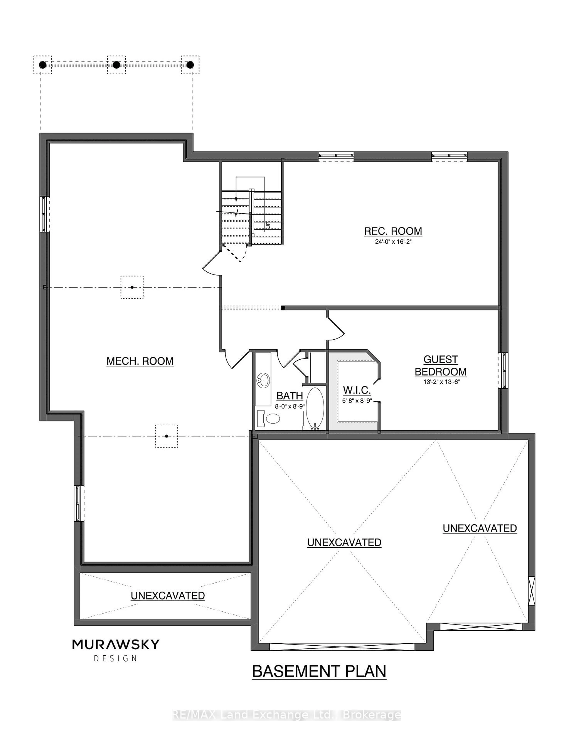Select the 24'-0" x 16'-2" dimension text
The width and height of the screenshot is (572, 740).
pyautogui.click(x=393, y=242)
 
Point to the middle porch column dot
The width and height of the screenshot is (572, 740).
pyautogui.click(x=116, y=65)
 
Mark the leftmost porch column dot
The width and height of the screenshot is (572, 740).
pyautogui.click(x=43, y=65)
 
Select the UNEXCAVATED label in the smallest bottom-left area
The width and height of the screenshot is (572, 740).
pyautogui.click(x=168, y=596)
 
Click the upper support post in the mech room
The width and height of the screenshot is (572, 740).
pyautogui.click(x=132, y=287)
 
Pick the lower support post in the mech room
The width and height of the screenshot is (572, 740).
pyautogui.click(x=166, y=436)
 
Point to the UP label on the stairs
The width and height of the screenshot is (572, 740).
pyautogui.click(x=267, y=224)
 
